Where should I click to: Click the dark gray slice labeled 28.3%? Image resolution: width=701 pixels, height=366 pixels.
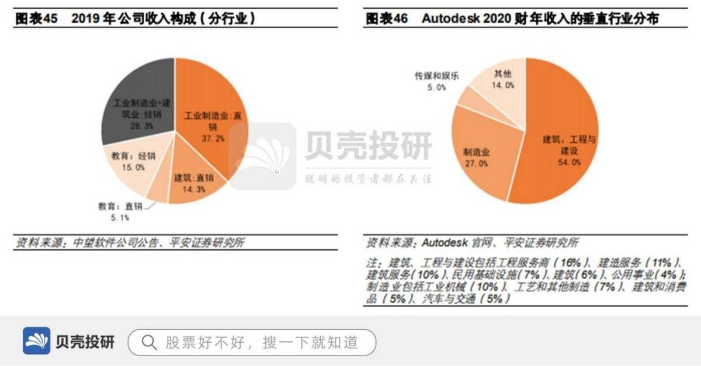(137, 99)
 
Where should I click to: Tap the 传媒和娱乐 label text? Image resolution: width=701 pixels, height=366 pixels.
(438, 75)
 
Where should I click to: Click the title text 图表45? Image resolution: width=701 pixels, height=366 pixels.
(36, 18)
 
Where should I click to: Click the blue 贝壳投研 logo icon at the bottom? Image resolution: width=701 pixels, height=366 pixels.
(37, 341)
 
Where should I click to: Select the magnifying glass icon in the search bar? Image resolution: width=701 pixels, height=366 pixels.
(150, 341)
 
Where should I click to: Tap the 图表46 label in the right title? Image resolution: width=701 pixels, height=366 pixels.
(386, 18)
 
